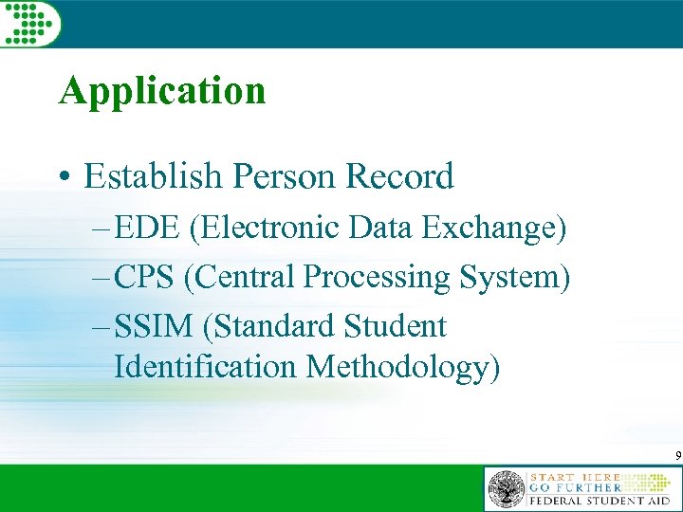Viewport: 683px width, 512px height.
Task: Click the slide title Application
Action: tap(161, 91)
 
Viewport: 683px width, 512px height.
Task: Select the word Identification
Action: tap(205, 366)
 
